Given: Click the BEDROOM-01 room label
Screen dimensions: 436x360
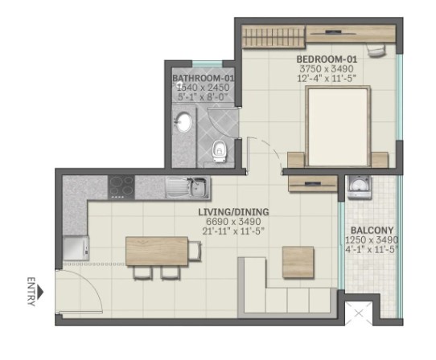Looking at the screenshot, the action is pos(327,59).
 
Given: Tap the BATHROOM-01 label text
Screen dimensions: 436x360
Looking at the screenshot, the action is pos(204,78).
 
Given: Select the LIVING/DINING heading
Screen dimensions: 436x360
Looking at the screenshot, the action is pos(233,212).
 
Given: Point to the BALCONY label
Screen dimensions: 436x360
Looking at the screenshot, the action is pos(372,231).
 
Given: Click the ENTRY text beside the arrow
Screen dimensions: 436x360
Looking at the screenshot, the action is pos(31,292).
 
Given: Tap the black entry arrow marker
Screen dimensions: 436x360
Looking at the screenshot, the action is pos(41,292).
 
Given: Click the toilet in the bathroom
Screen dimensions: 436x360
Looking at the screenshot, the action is pos(220,152).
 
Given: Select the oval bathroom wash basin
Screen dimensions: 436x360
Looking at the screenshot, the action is pos(184,121).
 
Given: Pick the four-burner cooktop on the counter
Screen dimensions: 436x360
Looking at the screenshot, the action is pos(121,187).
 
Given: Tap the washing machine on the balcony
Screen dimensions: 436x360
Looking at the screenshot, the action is pos(360,187).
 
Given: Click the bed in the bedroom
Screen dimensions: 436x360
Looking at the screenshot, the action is pos(338,126).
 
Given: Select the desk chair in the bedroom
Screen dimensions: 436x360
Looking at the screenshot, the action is pos(376,51).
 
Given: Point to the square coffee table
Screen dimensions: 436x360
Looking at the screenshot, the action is pos(298,262).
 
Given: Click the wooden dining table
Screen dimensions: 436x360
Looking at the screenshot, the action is pos(157,251).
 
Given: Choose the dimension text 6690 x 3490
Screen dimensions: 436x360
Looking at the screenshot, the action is pos(233,222).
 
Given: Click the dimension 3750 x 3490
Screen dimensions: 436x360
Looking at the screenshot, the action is pos(327,68).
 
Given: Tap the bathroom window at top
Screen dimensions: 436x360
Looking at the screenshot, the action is pos(208,63).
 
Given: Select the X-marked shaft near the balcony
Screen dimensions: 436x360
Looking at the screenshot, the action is pos(359,313).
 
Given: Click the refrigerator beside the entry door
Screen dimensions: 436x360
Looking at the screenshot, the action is pos(76,247).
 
